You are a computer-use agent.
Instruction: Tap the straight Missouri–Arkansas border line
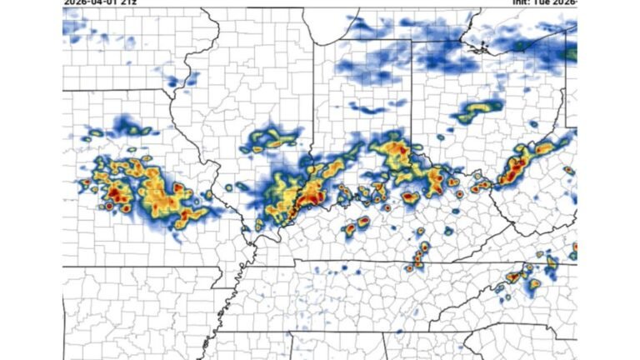tap(150, 267)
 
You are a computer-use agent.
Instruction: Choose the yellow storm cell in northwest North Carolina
tap(533, 284)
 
